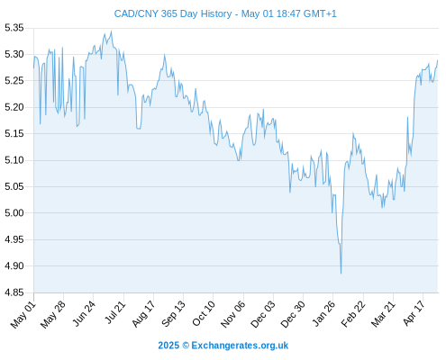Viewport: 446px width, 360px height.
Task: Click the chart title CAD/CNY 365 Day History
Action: [x=173, y=13]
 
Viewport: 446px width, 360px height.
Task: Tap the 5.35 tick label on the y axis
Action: [x=14, y=28]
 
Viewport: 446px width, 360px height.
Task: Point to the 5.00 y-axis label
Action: [x=14, y=213]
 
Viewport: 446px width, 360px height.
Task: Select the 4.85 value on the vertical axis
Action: [x=14, y=292]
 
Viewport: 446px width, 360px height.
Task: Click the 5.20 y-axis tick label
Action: [x=14, y=107]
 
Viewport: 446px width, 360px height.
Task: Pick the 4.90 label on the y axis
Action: [x=14, y=266]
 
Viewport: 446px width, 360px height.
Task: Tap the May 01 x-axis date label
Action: [x=23, y=315]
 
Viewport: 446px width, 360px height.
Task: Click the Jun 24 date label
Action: [x=84, y=313]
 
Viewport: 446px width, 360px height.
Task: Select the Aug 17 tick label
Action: [x=143, y=314]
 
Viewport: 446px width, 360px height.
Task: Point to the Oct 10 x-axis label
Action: [x=204, y=313]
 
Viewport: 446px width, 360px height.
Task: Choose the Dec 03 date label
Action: [x=263, y=314]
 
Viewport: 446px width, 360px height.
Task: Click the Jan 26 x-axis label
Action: [x=323, y=314]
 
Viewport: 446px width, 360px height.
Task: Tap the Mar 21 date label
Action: [x=383, y=314]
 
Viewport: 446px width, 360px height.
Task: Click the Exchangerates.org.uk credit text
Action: [x=240, y=346]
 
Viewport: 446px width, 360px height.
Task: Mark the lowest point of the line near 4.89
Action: [x=341, y=274]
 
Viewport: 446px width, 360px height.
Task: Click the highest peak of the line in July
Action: [x=112, y=31]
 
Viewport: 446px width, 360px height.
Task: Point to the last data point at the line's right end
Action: [x=438, y=60]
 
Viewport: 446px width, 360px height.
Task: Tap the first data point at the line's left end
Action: [x=33, y=67]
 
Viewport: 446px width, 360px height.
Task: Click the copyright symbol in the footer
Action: [x=186, y=346]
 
